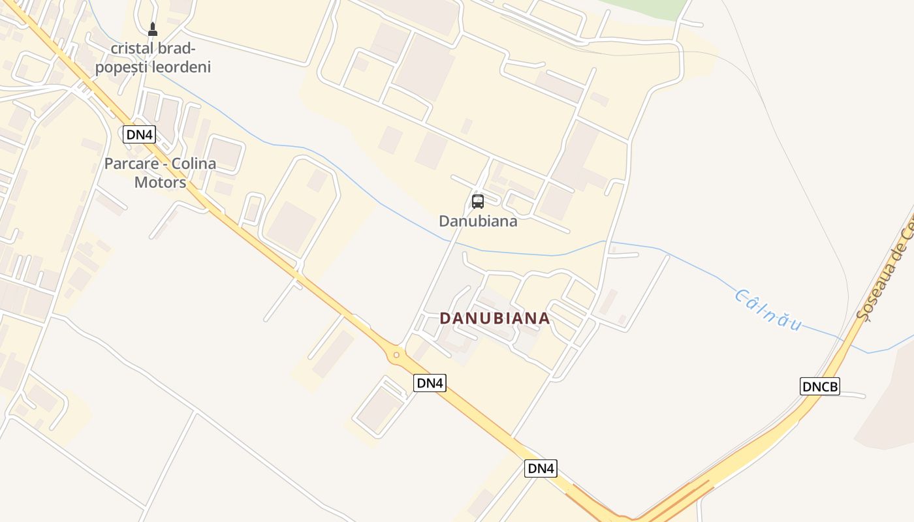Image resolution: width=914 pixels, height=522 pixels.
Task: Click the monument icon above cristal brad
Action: [153, 29]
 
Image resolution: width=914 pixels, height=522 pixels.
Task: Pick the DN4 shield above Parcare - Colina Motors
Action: [139, 134]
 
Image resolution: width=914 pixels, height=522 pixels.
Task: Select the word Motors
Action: [160, 182]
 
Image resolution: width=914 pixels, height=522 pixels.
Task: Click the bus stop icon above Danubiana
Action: [478, 201]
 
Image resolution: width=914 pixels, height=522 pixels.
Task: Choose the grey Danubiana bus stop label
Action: [478, 221]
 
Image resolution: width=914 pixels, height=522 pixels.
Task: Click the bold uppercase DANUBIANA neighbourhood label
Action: [494, 318]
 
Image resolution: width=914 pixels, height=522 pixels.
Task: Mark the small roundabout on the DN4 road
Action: [396, 355]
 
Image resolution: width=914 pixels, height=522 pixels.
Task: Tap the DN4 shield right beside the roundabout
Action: [430, 383]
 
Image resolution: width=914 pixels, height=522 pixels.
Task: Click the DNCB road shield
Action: [819, 386]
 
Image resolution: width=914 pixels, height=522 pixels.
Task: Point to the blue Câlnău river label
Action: [768, 309]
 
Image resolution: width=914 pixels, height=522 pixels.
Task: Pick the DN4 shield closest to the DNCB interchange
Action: [541, 468]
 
